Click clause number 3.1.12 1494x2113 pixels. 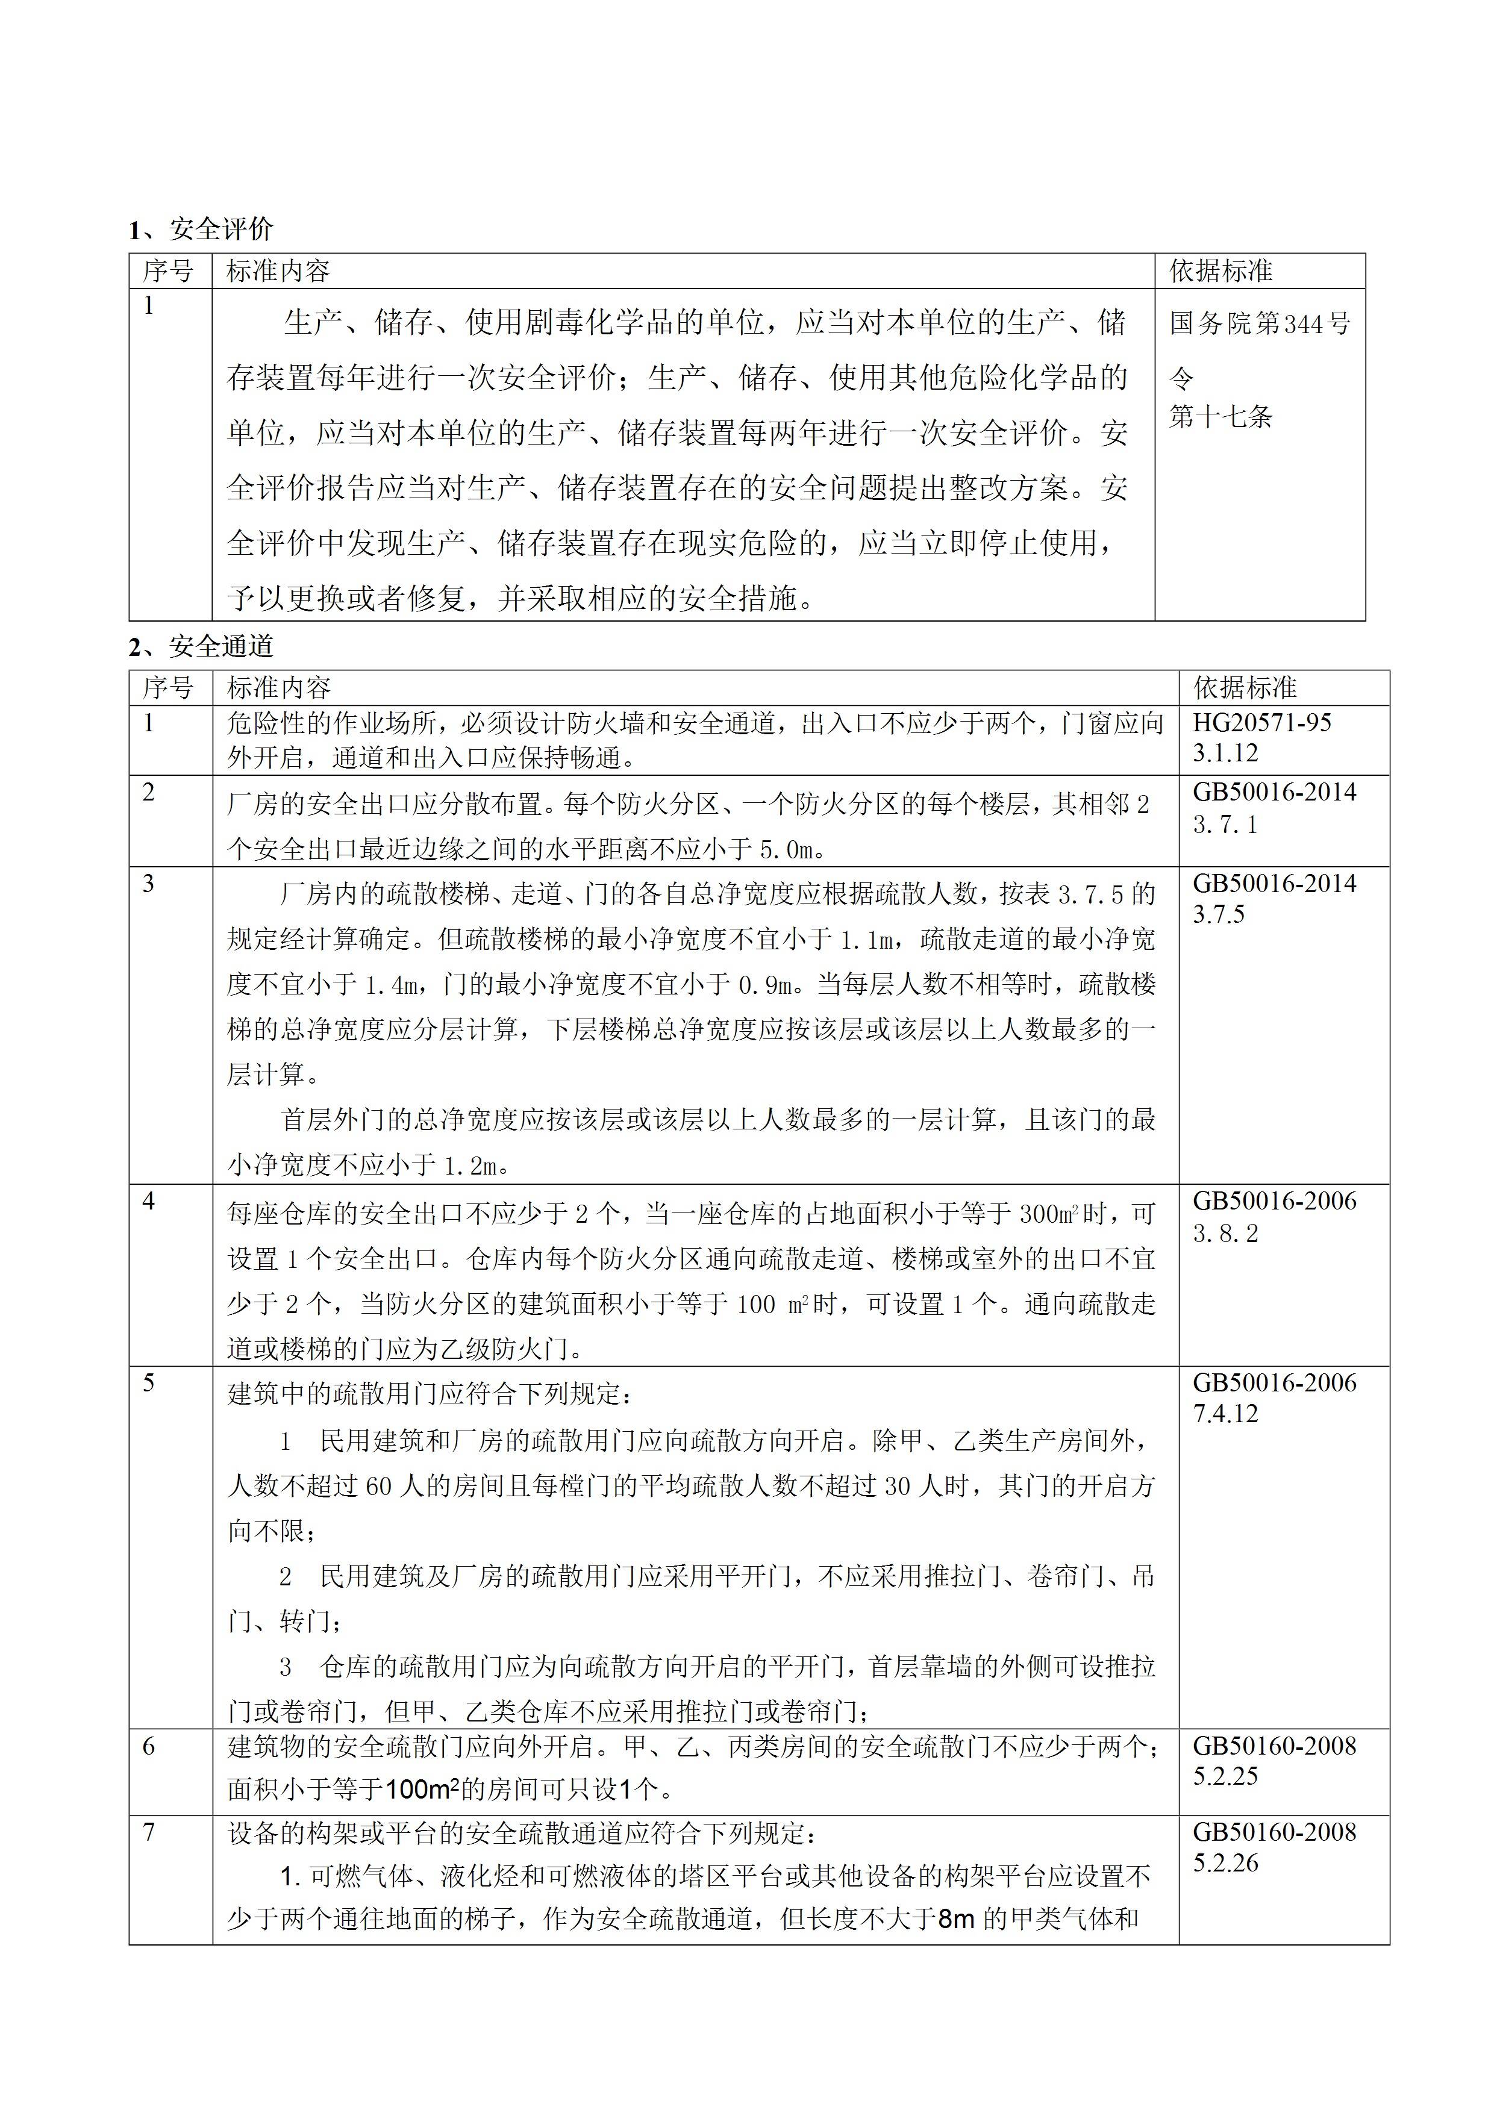1225,753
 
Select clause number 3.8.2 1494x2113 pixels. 1225,1233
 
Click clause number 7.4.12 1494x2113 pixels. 1225,1414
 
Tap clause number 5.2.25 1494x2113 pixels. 1225,1776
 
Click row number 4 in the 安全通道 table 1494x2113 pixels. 149,1202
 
